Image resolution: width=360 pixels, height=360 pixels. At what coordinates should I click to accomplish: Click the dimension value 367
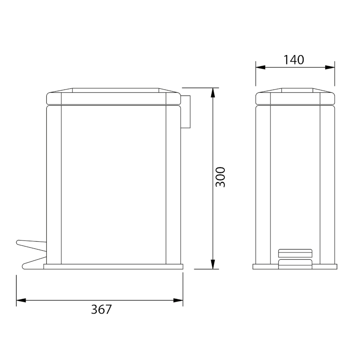101,309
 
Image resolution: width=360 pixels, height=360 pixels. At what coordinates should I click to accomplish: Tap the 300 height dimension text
221,177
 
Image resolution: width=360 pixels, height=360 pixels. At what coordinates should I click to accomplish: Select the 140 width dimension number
294,60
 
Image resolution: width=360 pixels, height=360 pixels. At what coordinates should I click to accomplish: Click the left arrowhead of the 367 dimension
21,300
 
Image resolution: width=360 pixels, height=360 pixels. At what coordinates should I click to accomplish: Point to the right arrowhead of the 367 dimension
178,300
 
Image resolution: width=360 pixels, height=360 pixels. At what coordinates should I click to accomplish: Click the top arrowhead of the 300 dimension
213,92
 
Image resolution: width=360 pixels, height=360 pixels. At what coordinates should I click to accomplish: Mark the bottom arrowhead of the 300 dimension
213,264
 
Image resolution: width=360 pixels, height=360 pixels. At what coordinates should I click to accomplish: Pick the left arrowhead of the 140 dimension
260,67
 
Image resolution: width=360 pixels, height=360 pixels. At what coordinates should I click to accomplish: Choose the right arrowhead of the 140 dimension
330,67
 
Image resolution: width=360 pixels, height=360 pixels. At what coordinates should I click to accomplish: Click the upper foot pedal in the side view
32,246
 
